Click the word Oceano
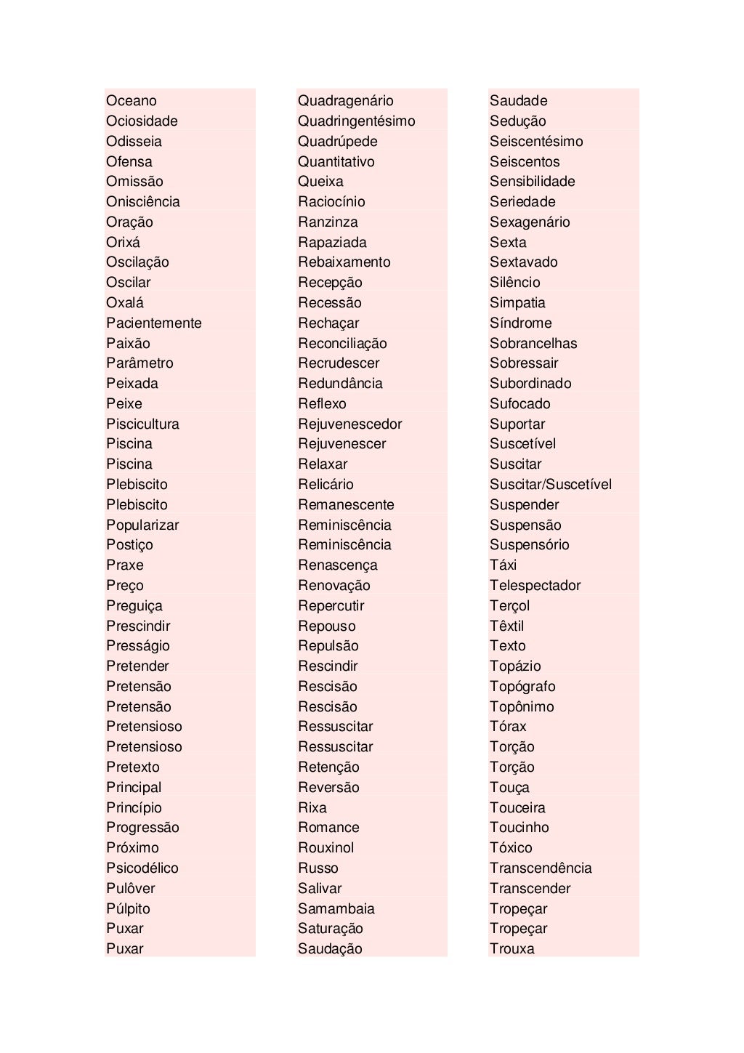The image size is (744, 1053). [132, 101]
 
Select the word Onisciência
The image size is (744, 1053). [143, 202]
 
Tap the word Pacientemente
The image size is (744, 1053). [154, 323]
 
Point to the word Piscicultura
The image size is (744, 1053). [142, 424]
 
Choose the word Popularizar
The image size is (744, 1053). [142, 525]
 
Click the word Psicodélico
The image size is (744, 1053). [142, 868]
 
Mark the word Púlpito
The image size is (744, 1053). [128, 909]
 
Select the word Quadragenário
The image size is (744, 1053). [346, 101]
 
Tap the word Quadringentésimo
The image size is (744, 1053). [357, 121]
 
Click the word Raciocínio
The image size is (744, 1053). [331, 202]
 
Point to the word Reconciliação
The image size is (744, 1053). [342, 344]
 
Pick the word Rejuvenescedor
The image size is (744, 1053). [349, 424]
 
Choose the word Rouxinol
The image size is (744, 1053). [326, 848]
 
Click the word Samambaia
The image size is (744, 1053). [336, 909]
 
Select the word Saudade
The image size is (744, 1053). [519, 101]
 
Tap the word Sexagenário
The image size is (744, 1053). [530, 222]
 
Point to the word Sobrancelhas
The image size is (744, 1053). [533, 344]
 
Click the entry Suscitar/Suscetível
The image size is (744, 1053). [551, 485]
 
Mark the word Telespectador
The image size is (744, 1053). [535, 586]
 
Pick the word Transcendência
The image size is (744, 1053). [541, 868]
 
